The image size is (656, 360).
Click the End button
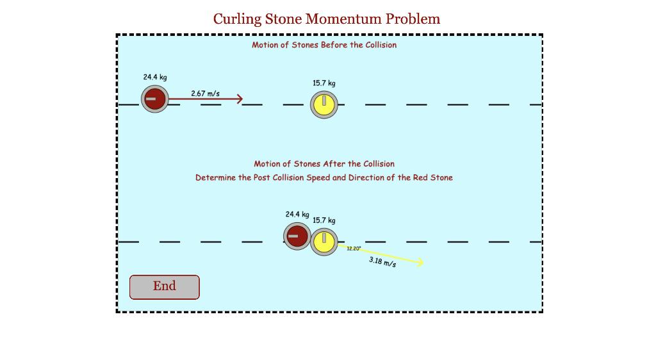pyautogui.click(x=165, y=286)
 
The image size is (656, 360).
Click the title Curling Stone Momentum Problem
pyautogui.click(x=327, y=19)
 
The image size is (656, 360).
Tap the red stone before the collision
pyautogui.click(x=154, y=99)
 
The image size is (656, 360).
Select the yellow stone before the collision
pyautogui.click(x=324, y=104)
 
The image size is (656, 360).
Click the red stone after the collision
pyautogui.click(x=297, y=236)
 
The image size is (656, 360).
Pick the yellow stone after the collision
pyautogui.click(x=324, y=242)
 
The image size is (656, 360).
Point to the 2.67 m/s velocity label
pyautogui.click(x=205, y=94)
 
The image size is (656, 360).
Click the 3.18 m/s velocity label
pyautogui.click(x=382, y=262)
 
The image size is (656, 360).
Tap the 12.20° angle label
pyautogui.click(x=354, y=249)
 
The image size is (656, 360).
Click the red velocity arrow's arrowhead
pyautogui.click(x=240, y=99)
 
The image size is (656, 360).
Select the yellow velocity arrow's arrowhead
pyautogui.click(x=420, y=262)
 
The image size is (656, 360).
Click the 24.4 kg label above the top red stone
pyautogui.click(x=155, y=78)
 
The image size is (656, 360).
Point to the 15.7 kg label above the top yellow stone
pyautogui.click(x=324, y=83)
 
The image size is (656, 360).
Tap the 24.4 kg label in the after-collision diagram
pyautogui.click(x=297, y=215)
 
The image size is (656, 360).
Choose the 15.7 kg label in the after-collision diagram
pyautogui.click(x=324, y=220)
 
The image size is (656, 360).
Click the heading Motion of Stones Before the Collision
pyautogui.click(x=324, y=45)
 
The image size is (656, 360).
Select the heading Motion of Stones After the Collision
pyautogui.click(x=324, y=164)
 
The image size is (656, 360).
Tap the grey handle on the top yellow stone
pyautogui.click(x=324, y=101)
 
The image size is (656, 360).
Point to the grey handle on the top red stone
pyautogui.click(x=151, y=99)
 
